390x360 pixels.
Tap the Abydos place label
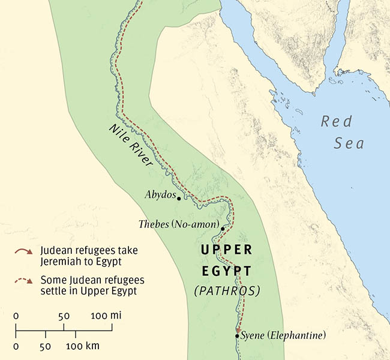click(160, 195)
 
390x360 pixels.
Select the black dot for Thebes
click(223, 229)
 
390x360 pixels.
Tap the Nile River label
click(131, 144)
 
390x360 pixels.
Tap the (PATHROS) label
click(227, 291)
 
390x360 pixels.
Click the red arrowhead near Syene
click(238, 329)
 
